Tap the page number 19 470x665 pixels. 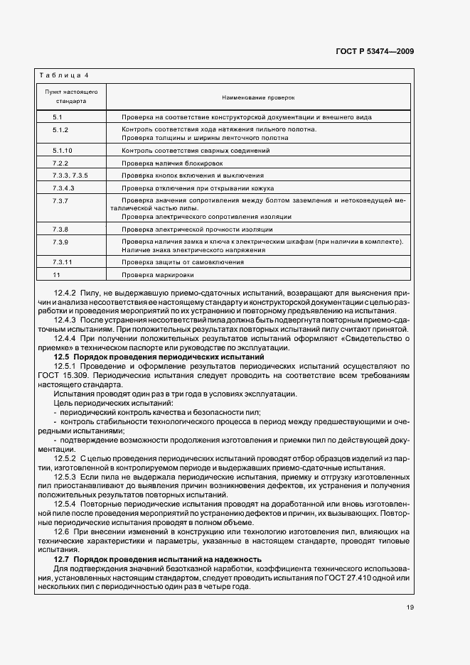tap(410, 606)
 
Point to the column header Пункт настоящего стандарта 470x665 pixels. tap(71, 97)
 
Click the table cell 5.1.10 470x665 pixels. tap(63, 151)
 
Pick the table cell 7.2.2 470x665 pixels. tap(60, 163)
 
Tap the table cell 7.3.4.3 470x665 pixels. tap(63, 188)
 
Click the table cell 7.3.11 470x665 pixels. tap(63, 261)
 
